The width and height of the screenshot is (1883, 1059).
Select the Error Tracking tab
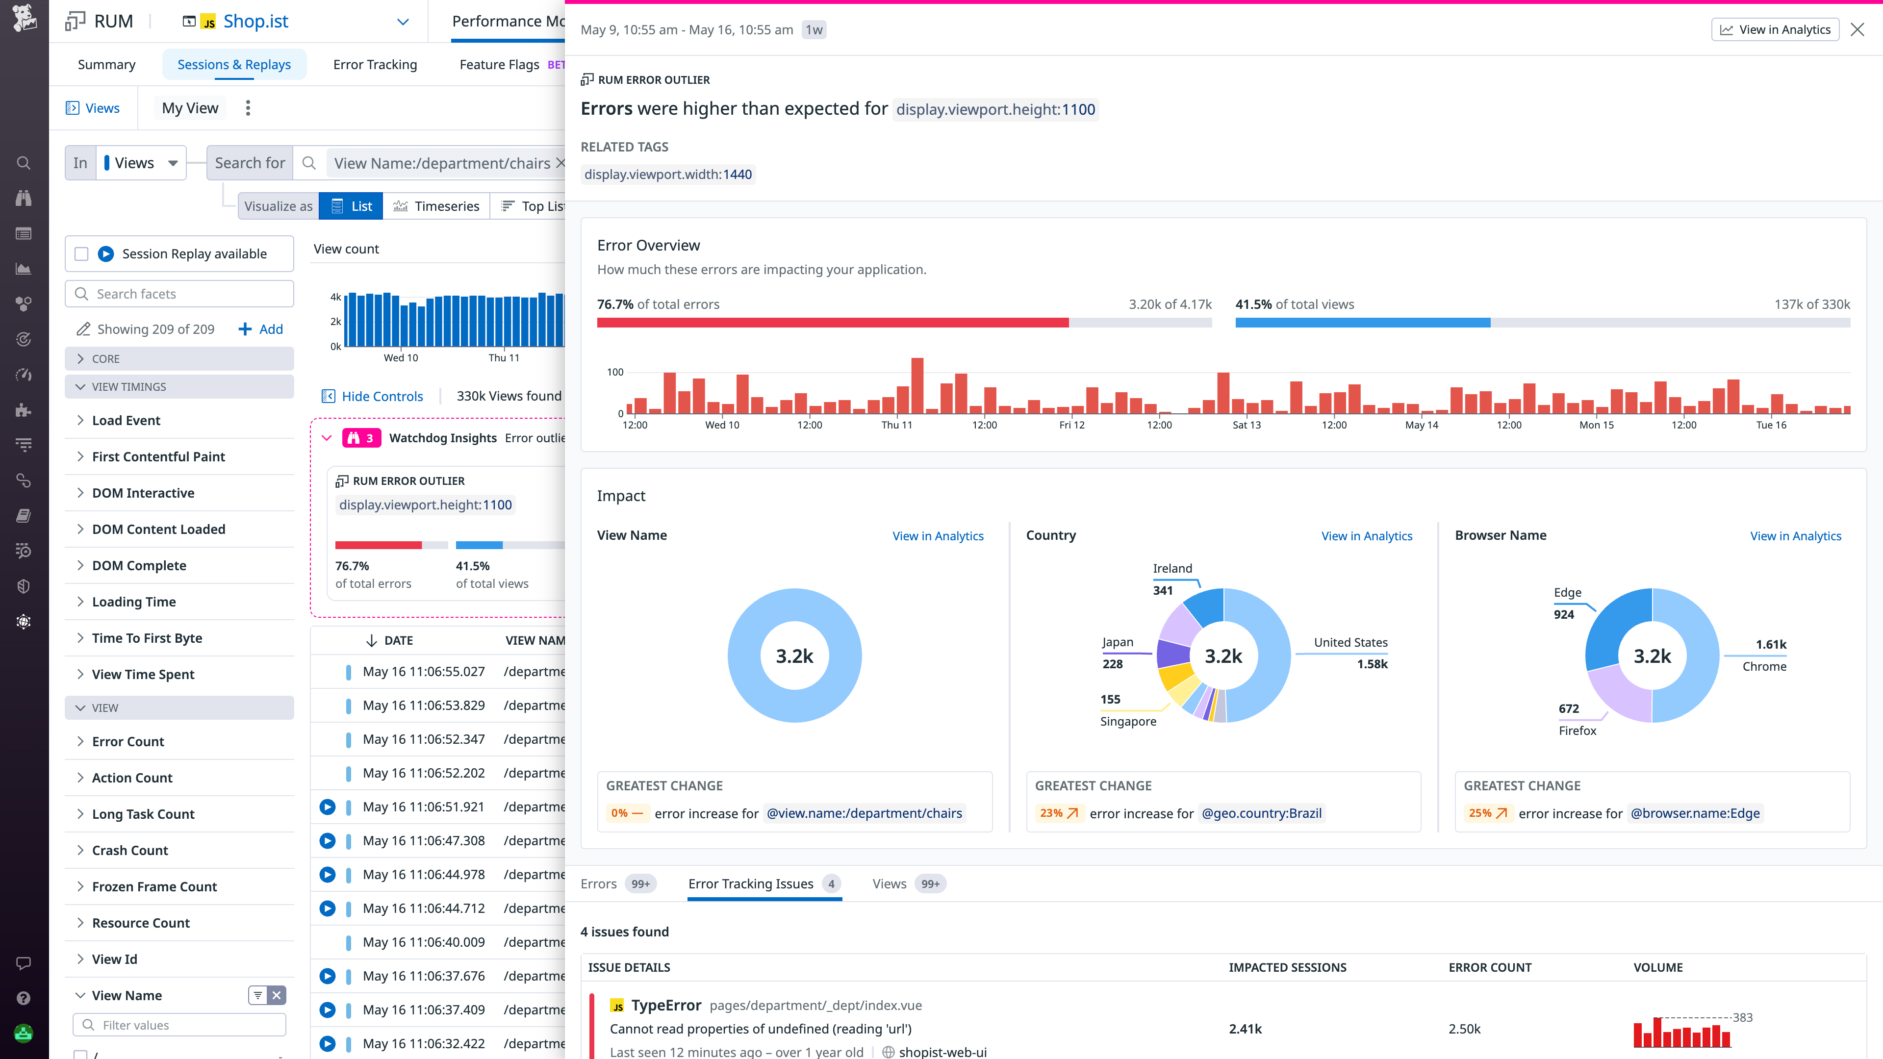[x=375, y=64]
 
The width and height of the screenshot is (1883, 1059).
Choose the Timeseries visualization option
[x=436, y=206]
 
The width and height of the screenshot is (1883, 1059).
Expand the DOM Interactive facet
[x=143, y=493]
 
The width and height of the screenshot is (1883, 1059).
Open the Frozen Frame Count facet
[x=154, y=886]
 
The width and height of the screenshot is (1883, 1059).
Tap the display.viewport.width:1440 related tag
[x=667, y=174]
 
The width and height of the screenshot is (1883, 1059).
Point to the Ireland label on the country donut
[x=1172, y=568]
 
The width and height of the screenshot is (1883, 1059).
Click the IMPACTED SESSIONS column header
[x=1287, y=967]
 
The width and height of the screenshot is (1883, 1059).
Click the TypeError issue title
[x=666, y=1005]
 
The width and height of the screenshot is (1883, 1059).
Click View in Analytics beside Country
[x=1366, y=536]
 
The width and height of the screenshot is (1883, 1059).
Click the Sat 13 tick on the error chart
[x=1247, y=425]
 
